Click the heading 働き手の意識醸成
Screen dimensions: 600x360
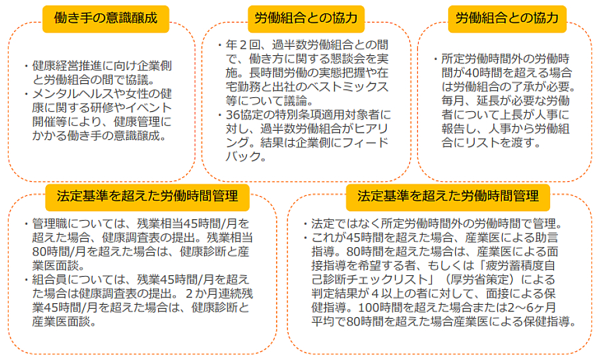(x=105, y=18)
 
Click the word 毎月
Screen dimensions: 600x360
(x=453, y=101)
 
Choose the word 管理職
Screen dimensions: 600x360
(x=50, y=223)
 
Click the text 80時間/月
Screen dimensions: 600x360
(x=56, y=252)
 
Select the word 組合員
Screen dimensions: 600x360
(x=50, y=279)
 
